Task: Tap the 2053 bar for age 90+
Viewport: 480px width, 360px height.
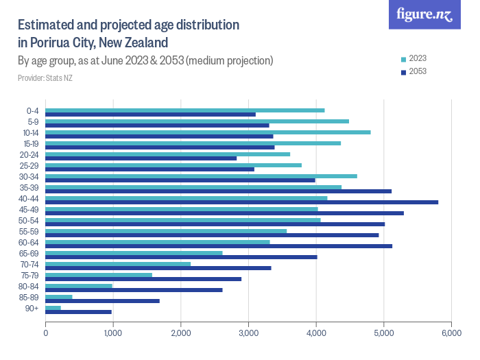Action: [78, 312]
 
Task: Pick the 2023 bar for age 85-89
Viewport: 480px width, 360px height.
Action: [59, 297]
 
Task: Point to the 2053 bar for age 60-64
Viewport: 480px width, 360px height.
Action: [219, 245]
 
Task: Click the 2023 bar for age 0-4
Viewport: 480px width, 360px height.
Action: [184, 110]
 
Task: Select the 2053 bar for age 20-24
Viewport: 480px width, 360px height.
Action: [141, 158]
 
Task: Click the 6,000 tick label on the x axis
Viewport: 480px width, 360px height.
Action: [451, 333]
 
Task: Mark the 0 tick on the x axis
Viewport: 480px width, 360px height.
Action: [45, 333]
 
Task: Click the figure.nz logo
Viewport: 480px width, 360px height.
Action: [424, 14]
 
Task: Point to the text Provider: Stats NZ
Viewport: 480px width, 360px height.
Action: [45, 77]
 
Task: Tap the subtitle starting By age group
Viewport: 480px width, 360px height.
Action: [145, 60]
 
